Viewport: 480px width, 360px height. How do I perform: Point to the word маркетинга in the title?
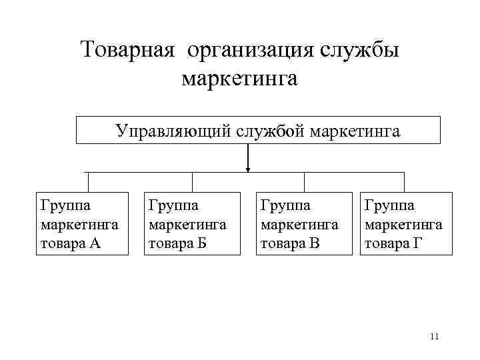click(x=239, y=79)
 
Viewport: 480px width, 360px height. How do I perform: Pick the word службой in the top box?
click(x=269, y=131)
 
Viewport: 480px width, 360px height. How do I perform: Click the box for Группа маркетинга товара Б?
click(x=193, y=223)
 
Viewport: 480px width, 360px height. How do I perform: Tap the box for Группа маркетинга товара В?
click(x=305, y=223)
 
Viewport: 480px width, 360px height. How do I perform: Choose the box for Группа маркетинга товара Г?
click(x=407, y=223)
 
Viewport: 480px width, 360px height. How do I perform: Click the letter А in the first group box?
click(x=95, y=243)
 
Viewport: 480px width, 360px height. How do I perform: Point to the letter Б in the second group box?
click(x=202, y=243)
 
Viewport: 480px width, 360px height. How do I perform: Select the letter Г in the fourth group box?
click(x=417, y=243)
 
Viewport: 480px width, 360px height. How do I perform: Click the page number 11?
click(x=434, y=336)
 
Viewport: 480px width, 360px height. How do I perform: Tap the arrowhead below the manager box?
click(x=248, y=169)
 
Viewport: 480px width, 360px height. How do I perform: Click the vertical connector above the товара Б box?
click(x=193, y=182)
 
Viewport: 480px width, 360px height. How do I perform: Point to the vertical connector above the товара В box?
click(x=305, y=182)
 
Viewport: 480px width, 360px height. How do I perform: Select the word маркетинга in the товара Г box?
click(x=403, y=224)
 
